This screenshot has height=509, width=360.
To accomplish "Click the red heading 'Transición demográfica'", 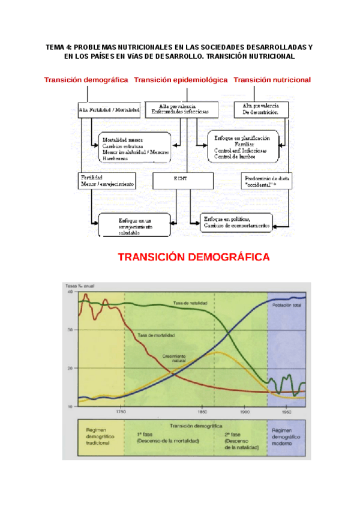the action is click(x=86, y=80).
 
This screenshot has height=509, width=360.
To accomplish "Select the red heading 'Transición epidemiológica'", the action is click(x=181, y=80).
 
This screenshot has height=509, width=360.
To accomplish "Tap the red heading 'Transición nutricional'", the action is click(x=272, y=80).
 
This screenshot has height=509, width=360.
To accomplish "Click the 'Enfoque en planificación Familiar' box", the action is click(x=246, y=145).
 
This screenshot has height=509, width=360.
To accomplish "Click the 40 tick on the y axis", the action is click(x=70, y=292).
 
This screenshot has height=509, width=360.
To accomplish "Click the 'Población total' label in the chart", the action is click(x=287, y=305).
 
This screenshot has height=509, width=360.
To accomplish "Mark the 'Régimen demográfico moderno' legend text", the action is click(x=286, y=439).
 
